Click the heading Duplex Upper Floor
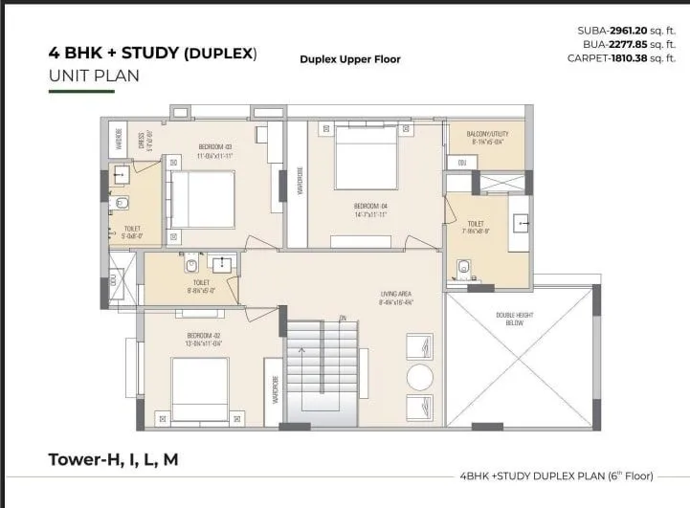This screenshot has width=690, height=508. pyautogui.click(x=349, y=59)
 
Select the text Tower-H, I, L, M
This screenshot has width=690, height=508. pyautogui.click(x=113, y=460)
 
